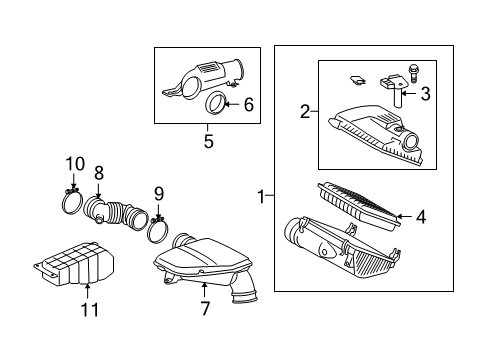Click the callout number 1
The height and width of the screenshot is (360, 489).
[262, 197]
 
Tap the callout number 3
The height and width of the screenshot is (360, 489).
[425, 95]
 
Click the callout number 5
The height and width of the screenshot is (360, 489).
[208, 140]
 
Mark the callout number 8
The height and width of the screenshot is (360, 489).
[99, 173]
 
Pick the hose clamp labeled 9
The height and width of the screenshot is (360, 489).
[157, 231]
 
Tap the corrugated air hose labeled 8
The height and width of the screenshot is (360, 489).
[117, 213]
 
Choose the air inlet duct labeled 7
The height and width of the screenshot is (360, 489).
[205, 264]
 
